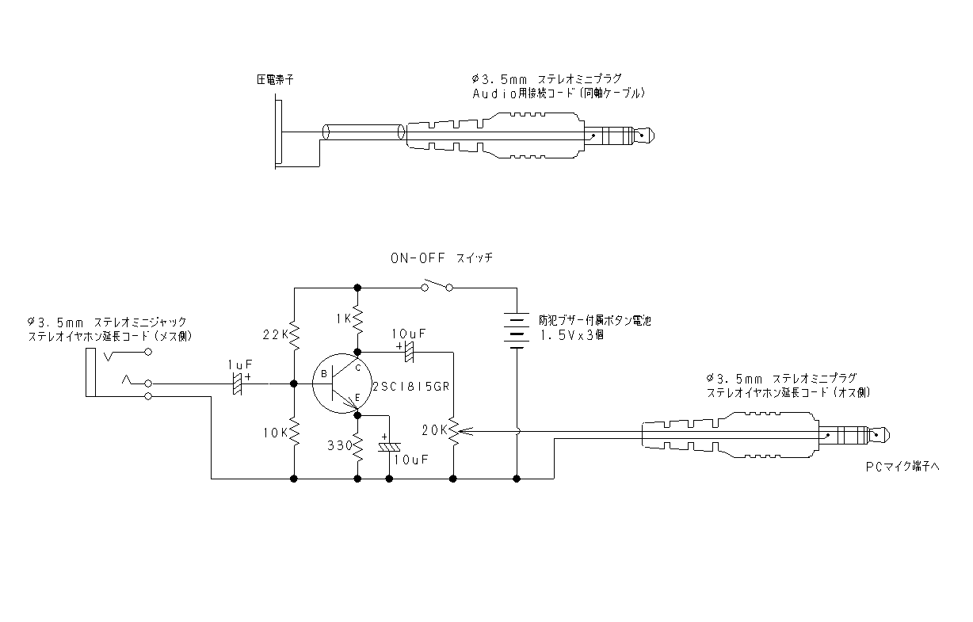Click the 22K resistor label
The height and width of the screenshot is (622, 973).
coord(276,334)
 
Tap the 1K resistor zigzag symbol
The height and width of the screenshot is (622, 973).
coord(357,319)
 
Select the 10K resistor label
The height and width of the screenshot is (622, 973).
coord(276,433)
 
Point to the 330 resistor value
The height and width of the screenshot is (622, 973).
coord(340,445)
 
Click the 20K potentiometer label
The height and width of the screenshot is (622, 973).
coord(434,430)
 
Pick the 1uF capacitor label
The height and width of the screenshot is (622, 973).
coord(240,364)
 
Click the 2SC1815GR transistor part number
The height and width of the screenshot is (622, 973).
coord(411,386)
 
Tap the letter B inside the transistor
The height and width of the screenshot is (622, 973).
coord(324,374)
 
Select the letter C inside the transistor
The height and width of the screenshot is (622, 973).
coord(358,368)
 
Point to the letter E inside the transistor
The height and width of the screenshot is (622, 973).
coord(357,398)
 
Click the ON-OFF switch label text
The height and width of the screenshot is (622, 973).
coord(442,258)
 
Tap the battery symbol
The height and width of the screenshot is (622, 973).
coord(517,330)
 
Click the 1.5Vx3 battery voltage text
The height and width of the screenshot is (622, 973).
coord(571,335)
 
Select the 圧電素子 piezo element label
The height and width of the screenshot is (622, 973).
coord(275,79)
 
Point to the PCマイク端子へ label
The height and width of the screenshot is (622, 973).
coord(902,467)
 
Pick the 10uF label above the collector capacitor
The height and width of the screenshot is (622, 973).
coord(409,334)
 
